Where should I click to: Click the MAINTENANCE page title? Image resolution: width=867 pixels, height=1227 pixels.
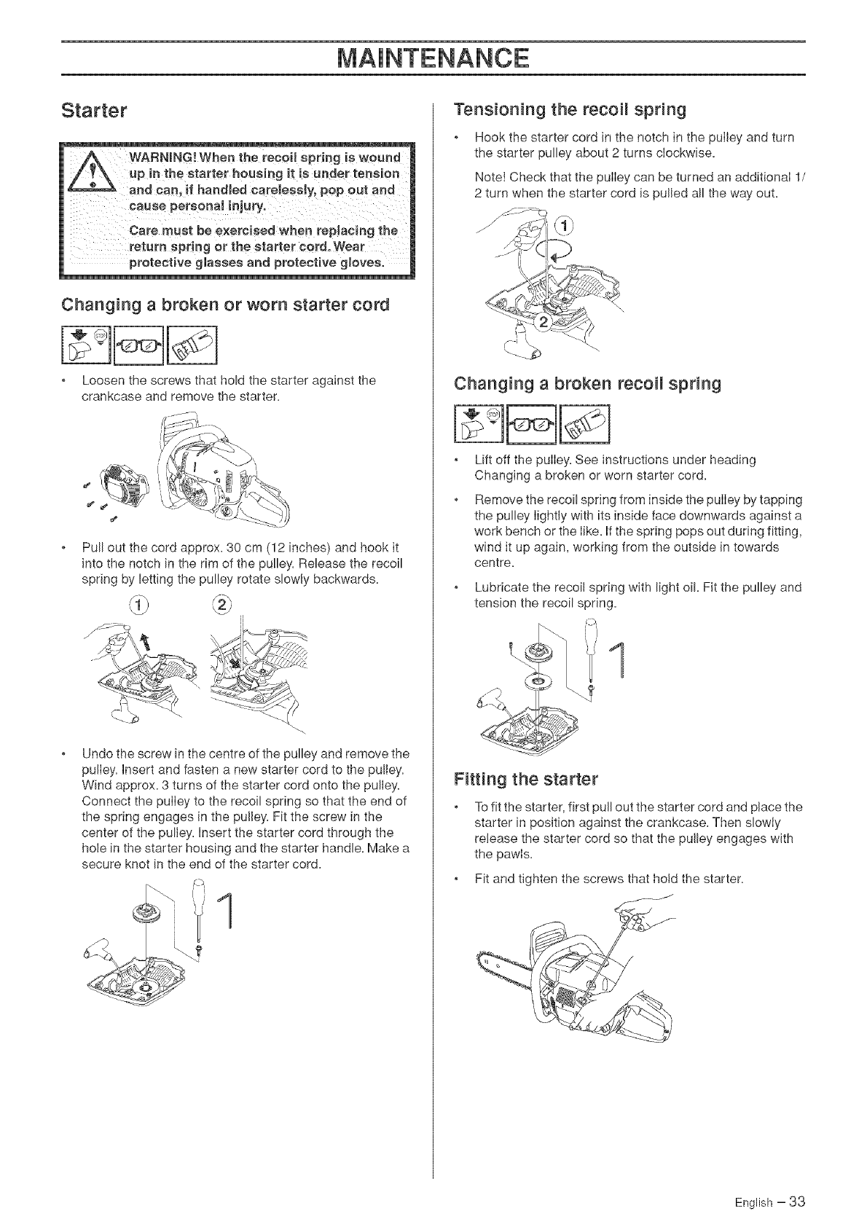(433, 57)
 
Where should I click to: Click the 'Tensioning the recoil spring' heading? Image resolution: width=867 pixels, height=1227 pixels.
(570, 110)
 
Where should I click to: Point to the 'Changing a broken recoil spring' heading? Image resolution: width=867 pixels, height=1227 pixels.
(587, 384)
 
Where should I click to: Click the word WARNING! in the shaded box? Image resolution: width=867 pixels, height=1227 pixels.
(164, 159)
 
